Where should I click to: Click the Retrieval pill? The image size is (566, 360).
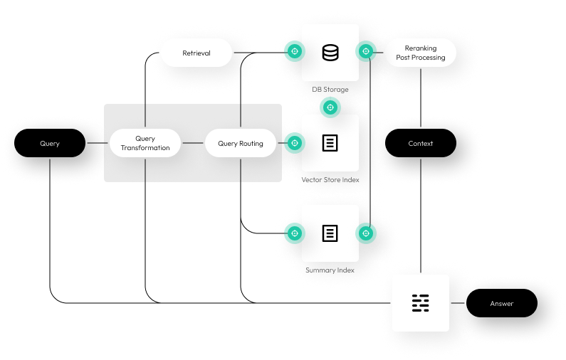pos(196,53)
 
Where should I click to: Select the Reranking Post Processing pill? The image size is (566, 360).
pos(420,53)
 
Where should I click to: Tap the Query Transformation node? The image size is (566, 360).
pos(145,143)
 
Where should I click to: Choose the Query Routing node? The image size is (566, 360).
pos(240,143)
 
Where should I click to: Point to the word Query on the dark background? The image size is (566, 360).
pos(50,143)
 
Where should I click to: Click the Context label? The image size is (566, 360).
pos(420,143)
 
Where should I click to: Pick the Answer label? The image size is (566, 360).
pos(501,304)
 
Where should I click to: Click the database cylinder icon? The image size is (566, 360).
pos(330,53)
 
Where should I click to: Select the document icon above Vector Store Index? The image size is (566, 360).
pos(330,143)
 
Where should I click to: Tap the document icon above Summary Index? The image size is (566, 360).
pos(330,233)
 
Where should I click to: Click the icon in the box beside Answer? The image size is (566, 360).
pos(420,303)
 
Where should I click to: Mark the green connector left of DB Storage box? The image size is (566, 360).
pos(294,51)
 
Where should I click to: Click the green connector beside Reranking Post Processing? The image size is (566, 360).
pos(366,51)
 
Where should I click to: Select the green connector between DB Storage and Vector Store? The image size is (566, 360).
pos(330,107)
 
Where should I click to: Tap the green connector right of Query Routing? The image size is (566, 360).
pos(294,143)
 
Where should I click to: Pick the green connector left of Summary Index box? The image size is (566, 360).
pos(294,233)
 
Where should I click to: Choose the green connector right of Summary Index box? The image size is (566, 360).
pos(366,233)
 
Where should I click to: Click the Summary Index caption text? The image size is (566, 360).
pos(330,270)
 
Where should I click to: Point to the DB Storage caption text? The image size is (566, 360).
pos(330,90)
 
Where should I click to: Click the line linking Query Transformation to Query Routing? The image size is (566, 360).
pos(192,143)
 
